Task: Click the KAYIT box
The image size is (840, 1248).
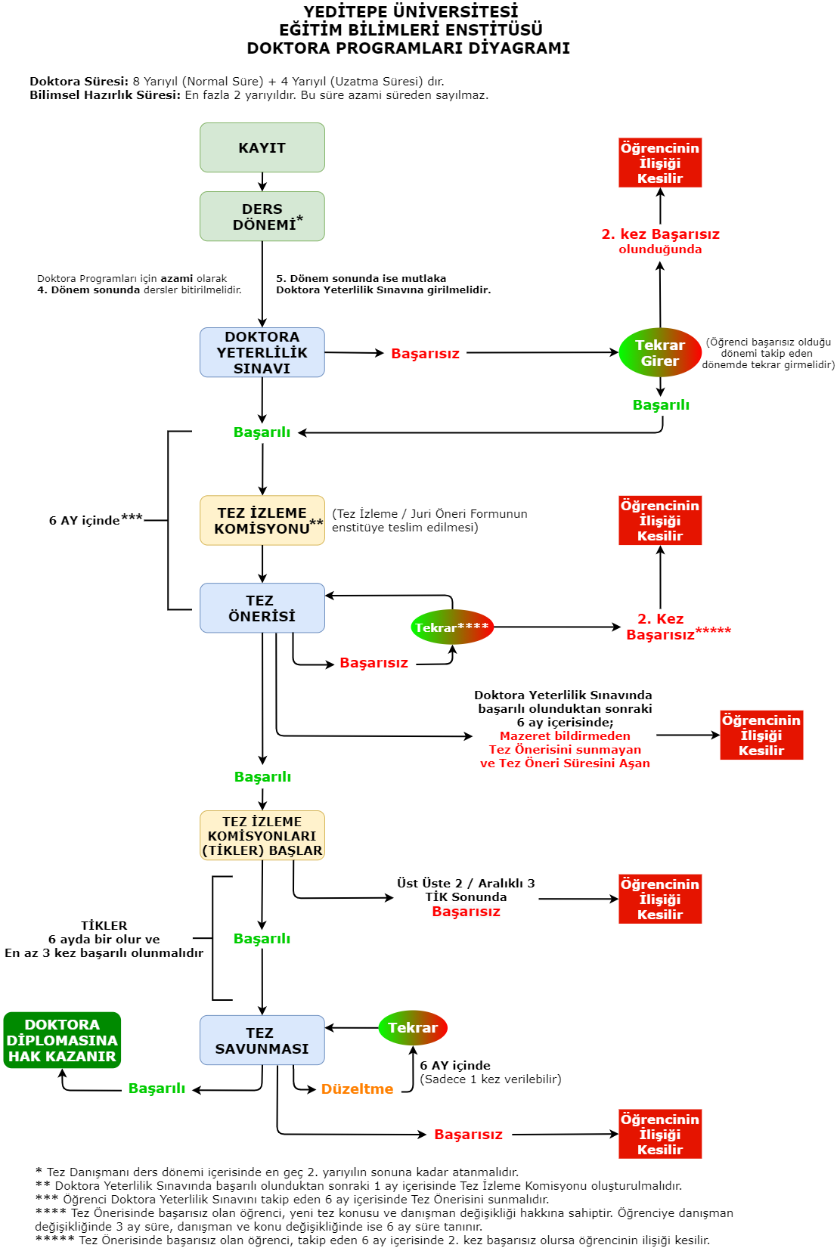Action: pyautogui.click(x=262, y=148)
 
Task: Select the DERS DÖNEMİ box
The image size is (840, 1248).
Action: pyautogui.click(x=262, y=217)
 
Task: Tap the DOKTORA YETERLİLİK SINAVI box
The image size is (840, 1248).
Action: pyautogui.click(x=262, y=353)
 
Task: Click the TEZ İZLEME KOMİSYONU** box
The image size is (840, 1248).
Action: pyautogui.click(x=262, y=521)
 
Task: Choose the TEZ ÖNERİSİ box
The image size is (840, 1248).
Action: pyautogui.click(x=262, y=609)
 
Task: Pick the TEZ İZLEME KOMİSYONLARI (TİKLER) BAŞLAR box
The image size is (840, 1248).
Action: pyautogui.click(x=262, y=836)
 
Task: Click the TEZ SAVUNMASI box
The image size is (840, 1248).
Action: pyautogui.click(x=262, y=1041)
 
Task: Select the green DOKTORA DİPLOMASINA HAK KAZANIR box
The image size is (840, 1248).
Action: pyautogui.click(x=62, y=1040)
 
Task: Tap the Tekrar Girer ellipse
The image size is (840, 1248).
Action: pyautogui.click(x=660, y=352)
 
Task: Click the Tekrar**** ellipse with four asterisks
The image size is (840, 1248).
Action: pyautogui.click(x=452, y=627)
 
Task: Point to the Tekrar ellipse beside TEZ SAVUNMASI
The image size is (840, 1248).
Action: pyautogui.click(x=413, y=1028)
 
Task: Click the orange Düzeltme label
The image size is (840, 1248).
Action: pyautogui.click(x=357, y=1089)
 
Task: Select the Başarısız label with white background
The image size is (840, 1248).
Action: pyautogui.click(x=466, y=912)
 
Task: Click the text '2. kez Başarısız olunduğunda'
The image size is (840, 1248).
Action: pyautogui.click(x=660, y=241)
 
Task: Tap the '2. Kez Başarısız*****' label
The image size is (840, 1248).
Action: pyautogui.click(x=665, y=627)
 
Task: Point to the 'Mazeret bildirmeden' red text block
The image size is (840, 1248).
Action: pyautogui.click(x=565, y=749)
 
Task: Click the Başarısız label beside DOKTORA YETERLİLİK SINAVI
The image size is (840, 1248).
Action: pyautogui.click(x=425, y=354)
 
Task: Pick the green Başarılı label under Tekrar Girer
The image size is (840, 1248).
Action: pyautogui.click(x=661, y=405)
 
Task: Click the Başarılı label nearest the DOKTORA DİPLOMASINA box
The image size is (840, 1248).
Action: pyautogui.click(x=157, y=1089)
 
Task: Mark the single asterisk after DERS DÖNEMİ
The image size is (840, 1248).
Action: pyautogui.click(x=299, y=219)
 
